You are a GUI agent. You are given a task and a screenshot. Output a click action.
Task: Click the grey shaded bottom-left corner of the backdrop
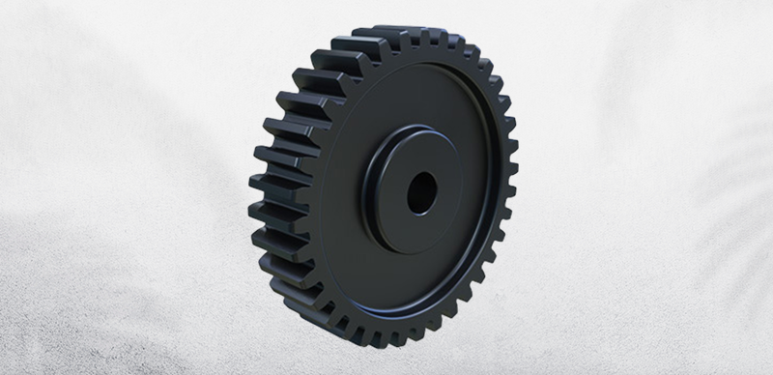click(29, 348)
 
